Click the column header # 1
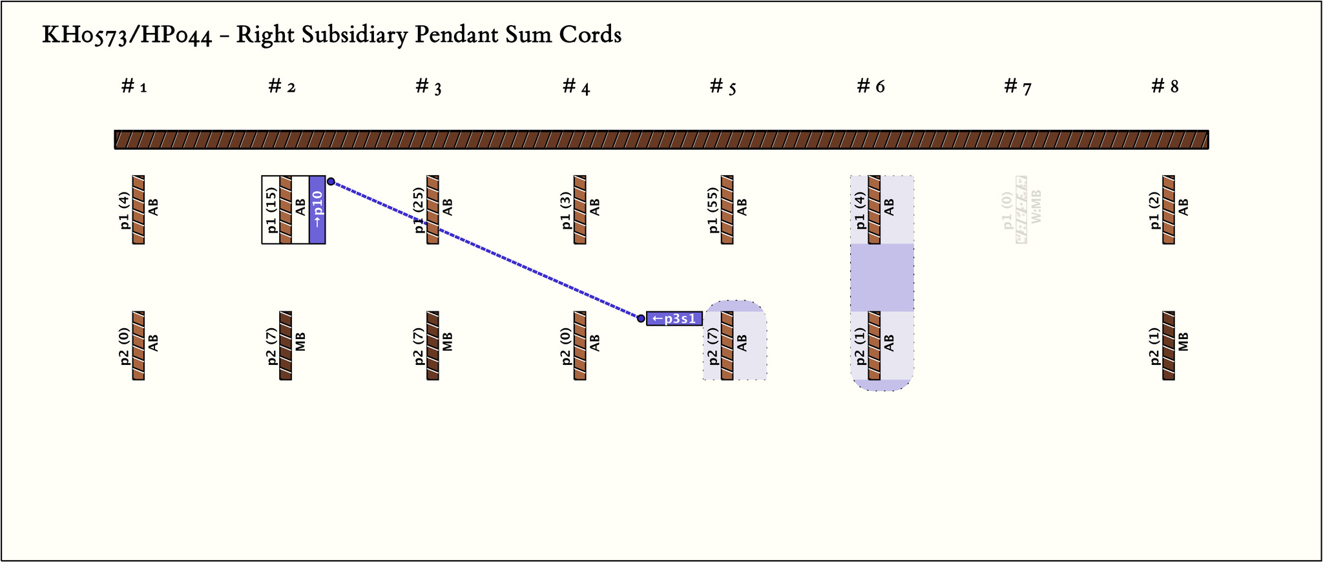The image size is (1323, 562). pyautogui.click(x=134, y=87)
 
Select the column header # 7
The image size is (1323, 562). pyautogui.click(x=1017, y=87)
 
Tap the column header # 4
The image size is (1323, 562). pyautogui.click(x=576, y=87)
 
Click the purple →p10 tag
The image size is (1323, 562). pyautogui.click(x=317, y=209)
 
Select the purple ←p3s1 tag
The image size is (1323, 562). pyautogui.click(x=674, y=318)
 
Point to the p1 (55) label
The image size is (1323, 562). pyautogui.click(x=713, y=209)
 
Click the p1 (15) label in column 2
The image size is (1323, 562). pyautogui.click(x=271, y=209)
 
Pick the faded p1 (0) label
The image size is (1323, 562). pyautogui.click(x=1007, y=209)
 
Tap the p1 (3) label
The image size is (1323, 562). pyautogui.click(x=566, y=209)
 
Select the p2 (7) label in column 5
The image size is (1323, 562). pyautogui.click(x=713, y=346)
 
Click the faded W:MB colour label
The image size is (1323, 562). pyautogui.click(x=1037, y=207)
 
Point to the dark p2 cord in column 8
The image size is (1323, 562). pyautogui.click(x=1169, y=346)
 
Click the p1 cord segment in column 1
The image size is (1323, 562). pyautogui.click(x=138, y=209)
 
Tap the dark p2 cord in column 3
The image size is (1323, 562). pyautogui.click(x=433, y=346)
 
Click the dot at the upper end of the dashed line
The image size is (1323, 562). pyautogui.click(x=331, y=182)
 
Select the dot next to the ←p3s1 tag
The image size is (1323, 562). pyautogui.click(x=641, y=318)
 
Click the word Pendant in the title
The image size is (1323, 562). pyautogui.click(x=448, y=35)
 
